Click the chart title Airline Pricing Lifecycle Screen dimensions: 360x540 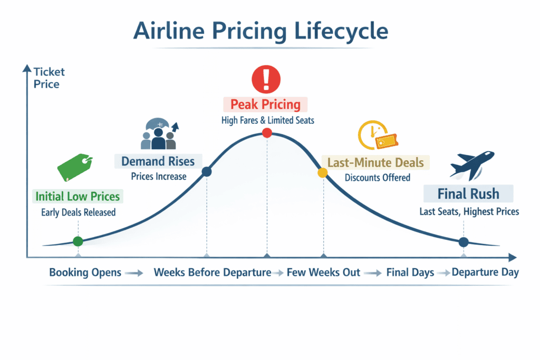point(261,31)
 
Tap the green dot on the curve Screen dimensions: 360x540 point(78,241)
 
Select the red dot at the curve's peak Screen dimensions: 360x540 point(267,133)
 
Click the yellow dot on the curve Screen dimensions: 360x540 point(322,172)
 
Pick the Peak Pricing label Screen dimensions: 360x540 point(265,104)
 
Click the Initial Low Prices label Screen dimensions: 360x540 point(78,197)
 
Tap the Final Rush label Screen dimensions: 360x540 point(468,193)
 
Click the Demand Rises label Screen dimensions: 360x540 point(158,161)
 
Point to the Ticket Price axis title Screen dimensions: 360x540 point(46,77)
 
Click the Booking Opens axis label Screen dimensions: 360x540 point(85,273)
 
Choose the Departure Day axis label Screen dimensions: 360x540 point(485,273)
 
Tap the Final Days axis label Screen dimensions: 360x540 point(410,273)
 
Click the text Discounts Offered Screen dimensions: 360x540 point(377,178)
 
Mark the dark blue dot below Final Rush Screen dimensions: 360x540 point(464,242)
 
